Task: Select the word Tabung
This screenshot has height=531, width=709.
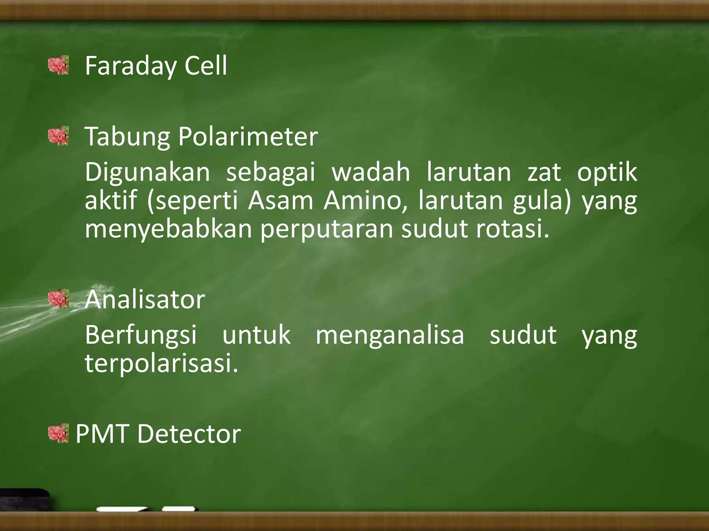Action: coord(127,137)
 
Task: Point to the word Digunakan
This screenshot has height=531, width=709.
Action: coord(147,172)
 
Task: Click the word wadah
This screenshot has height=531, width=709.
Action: coord(371,172)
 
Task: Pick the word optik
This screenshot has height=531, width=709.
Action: coord(607,172)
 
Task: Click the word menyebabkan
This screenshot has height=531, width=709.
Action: coord(168,229)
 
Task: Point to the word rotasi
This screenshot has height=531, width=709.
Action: coord(512,229)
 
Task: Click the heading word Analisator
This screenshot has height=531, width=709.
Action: coord(145,299)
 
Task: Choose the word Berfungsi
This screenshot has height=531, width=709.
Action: coord(141,335)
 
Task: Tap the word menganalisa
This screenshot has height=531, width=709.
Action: coord(390,335)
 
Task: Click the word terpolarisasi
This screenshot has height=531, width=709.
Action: coord(161,363)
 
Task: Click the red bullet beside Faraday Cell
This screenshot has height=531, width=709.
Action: coord(58,65)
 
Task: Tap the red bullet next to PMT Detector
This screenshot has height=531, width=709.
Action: coord(58,433)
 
